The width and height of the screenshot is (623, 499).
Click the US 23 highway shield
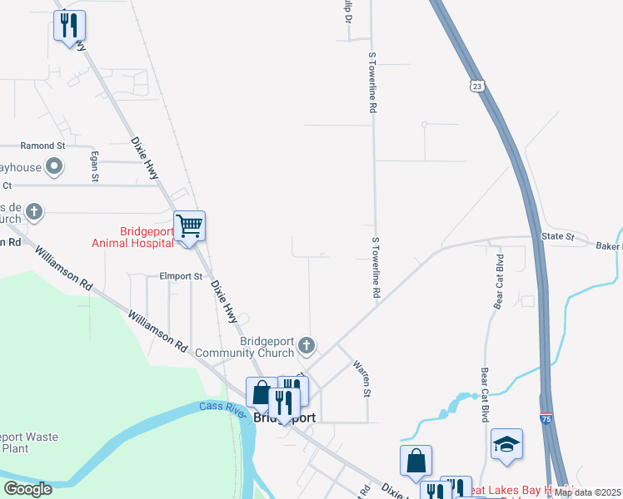coord(476,86)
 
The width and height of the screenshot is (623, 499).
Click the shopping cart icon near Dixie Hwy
coord(190,225)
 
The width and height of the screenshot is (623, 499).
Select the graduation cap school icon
coord(506,444)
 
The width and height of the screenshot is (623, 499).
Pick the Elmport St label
coord(181,276)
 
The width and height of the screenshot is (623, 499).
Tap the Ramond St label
coord(43,146)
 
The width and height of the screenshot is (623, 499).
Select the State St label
coord(558,237)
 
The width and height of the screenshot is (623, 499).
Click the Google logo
coord(27,489)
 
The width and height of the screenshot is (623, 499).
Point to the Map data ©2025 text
coord(587,492)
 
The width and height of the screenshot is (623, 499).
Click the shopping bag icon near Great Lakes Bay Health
coord(416,461)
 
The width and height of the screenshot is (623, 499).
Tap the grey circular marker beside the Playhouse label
coord(55,167)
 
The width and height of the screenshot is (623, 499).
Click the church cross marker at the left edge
coord(34,211)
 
